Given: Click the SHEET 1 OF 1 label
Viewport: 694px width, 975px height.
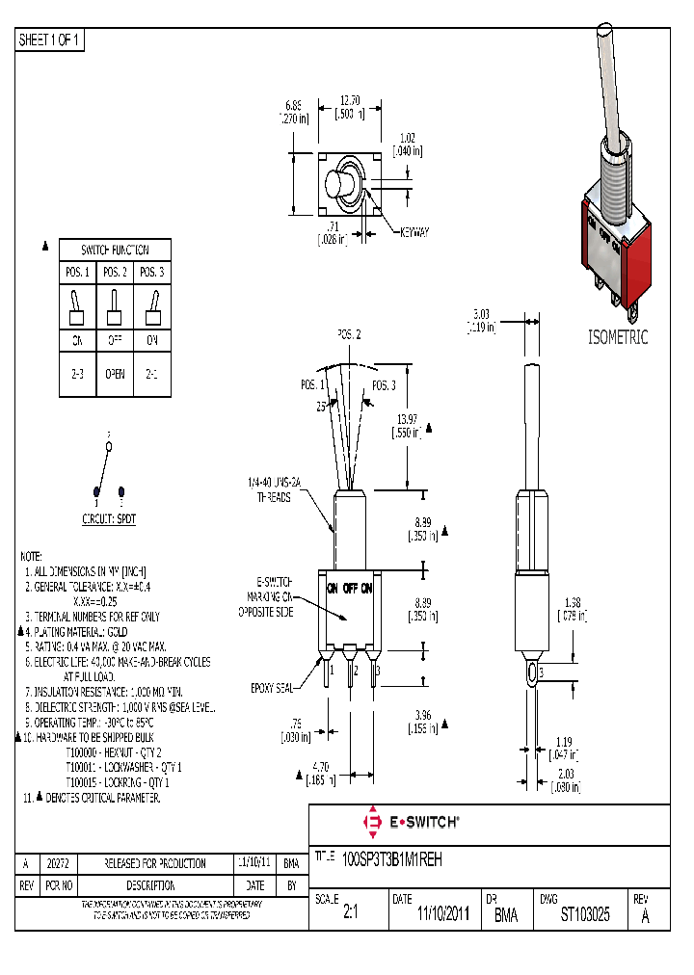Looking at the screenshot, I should (51, 40).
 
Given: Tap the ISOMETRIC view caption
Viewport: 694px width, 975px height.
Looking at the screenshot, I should (618, 337).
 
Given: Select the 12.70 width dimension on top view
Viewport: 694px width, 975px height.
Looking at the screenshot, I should (350, 99).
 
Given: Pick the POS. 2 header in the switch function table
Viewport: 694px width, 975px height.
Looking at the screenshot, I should (115, 273).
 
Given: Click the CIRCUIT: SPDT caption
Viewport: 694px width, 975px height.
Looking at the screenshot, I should (109, 518).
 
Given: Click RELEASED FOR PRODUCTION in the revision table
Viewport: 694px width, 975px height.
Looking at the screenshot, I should (154, 863).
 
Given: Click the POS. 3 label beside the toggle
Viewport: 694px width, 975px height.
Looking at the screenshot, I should (384, 385).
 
